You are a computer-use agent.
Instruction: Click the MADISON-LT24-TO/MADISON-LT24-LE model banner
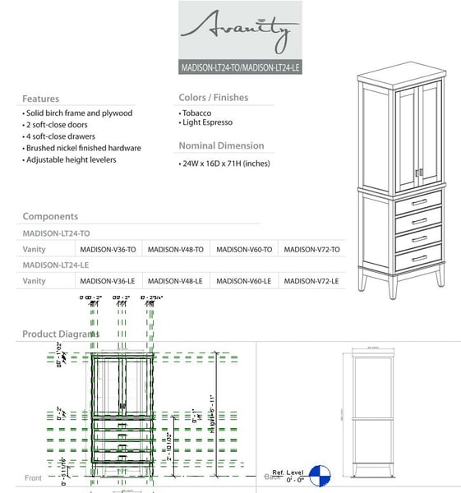240,67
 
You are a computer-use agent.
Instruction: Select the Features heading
40,99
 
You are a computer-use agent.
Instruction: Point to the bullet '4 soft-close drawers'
59,136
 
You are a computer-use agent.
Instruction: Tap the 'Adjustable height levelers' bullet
71,159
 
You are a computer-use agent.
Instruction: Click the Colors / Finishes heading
213,98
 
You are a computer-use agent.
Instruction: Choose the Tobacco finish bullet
198,110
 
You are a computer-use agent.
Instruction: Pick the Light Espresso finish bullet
207,122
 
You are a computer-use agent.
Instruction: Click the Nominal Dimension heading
221,145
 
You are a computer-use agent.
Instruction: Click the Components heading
50,216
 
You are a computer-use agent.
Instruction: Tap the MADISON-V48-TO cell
175,249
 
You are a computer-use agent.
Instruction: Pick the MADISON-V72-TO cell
311,249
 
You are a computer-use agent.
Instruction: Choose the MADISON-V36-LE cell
107,281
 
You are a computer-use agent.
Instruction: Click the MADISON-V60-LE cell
243,281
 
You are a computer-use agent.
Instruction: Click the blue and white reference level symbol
319,476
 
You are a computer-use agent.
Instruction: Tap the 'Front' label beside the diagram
33,478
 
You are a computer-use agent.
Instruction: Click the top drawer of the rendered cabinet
419,202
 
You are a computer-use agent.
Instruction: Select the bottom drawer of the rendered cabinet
419,259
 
